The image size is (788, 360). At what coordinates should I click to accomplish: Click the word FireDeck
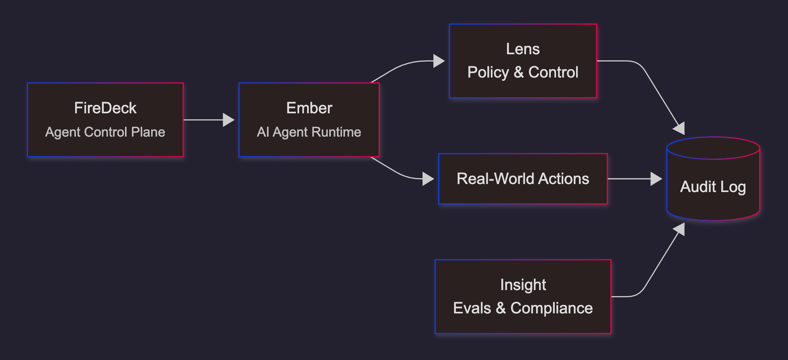click(x=105, y=108)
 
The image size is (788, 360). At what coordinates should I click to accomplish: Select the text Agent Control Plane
click(x=105, y=132)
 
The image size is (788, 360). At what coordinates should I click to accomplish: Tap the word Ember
click(x=309, y=108)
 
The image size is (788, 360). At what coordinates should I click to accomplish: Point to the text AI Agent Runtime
click(x=309, y=132)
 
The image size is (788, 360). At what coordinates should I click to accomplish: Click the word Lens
click(x=523, y=49)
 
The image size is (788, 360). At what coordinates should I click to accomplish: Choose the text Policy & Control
click(x=523, y=72)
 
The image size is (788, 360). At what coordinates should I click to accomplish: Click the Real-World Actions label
click(x=523, y=179)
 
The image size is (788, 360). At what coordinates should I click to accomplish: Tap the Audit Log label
click(x=713, y=187)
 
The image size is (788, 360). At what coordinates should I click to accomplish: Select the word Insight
click(x=523, y=285)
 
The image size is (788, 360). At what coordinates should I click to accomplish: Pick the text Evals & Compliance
click(x=523, y=308)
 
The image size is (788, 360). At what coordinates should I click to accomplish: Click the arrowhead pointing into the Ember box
click(x=228, y=120)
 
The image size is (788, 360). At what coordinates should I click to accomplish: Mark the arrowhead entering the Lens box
click(x=439, y=61)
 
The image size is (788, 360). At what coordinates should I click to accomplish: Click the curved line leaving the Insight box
click(x=643, y=288)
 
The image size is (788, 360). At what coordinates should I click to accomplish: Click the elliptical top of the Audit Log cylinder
click(x=713, y=148)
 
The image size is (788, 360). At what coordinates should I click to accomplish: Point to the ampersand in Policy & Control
click(x=519, y=72)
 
